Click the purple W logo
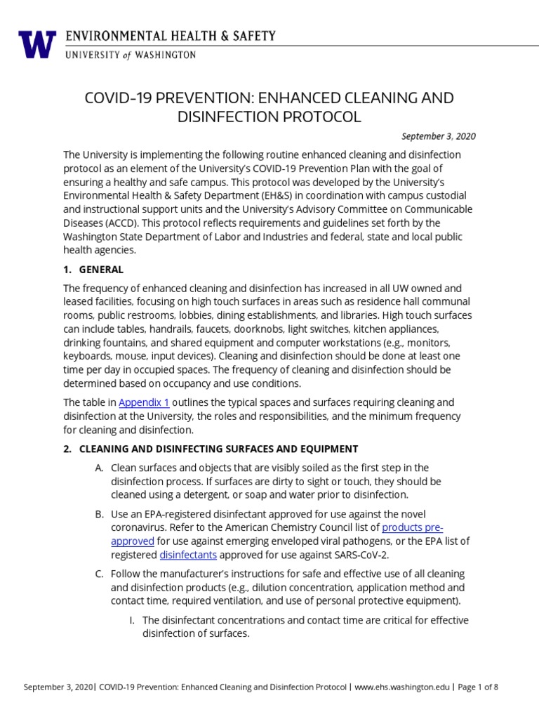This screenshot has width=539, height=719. click(x=36, y=44)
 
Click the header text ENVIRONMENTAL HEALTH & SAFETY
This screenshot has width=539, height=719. click(x=171, y=36)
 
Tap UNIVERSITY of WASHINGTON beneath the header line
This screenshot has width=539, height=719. click(x=130, y=55)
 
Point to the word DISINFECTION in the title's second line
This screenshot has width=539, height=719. click(x=222, y=117)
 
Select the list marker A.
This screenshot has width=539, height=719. click(x=99, y=468)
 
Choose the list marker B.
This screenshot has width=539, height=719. click(x=99, y=514)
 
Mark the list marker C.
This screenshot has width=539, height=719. click(x=99, y=574)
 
